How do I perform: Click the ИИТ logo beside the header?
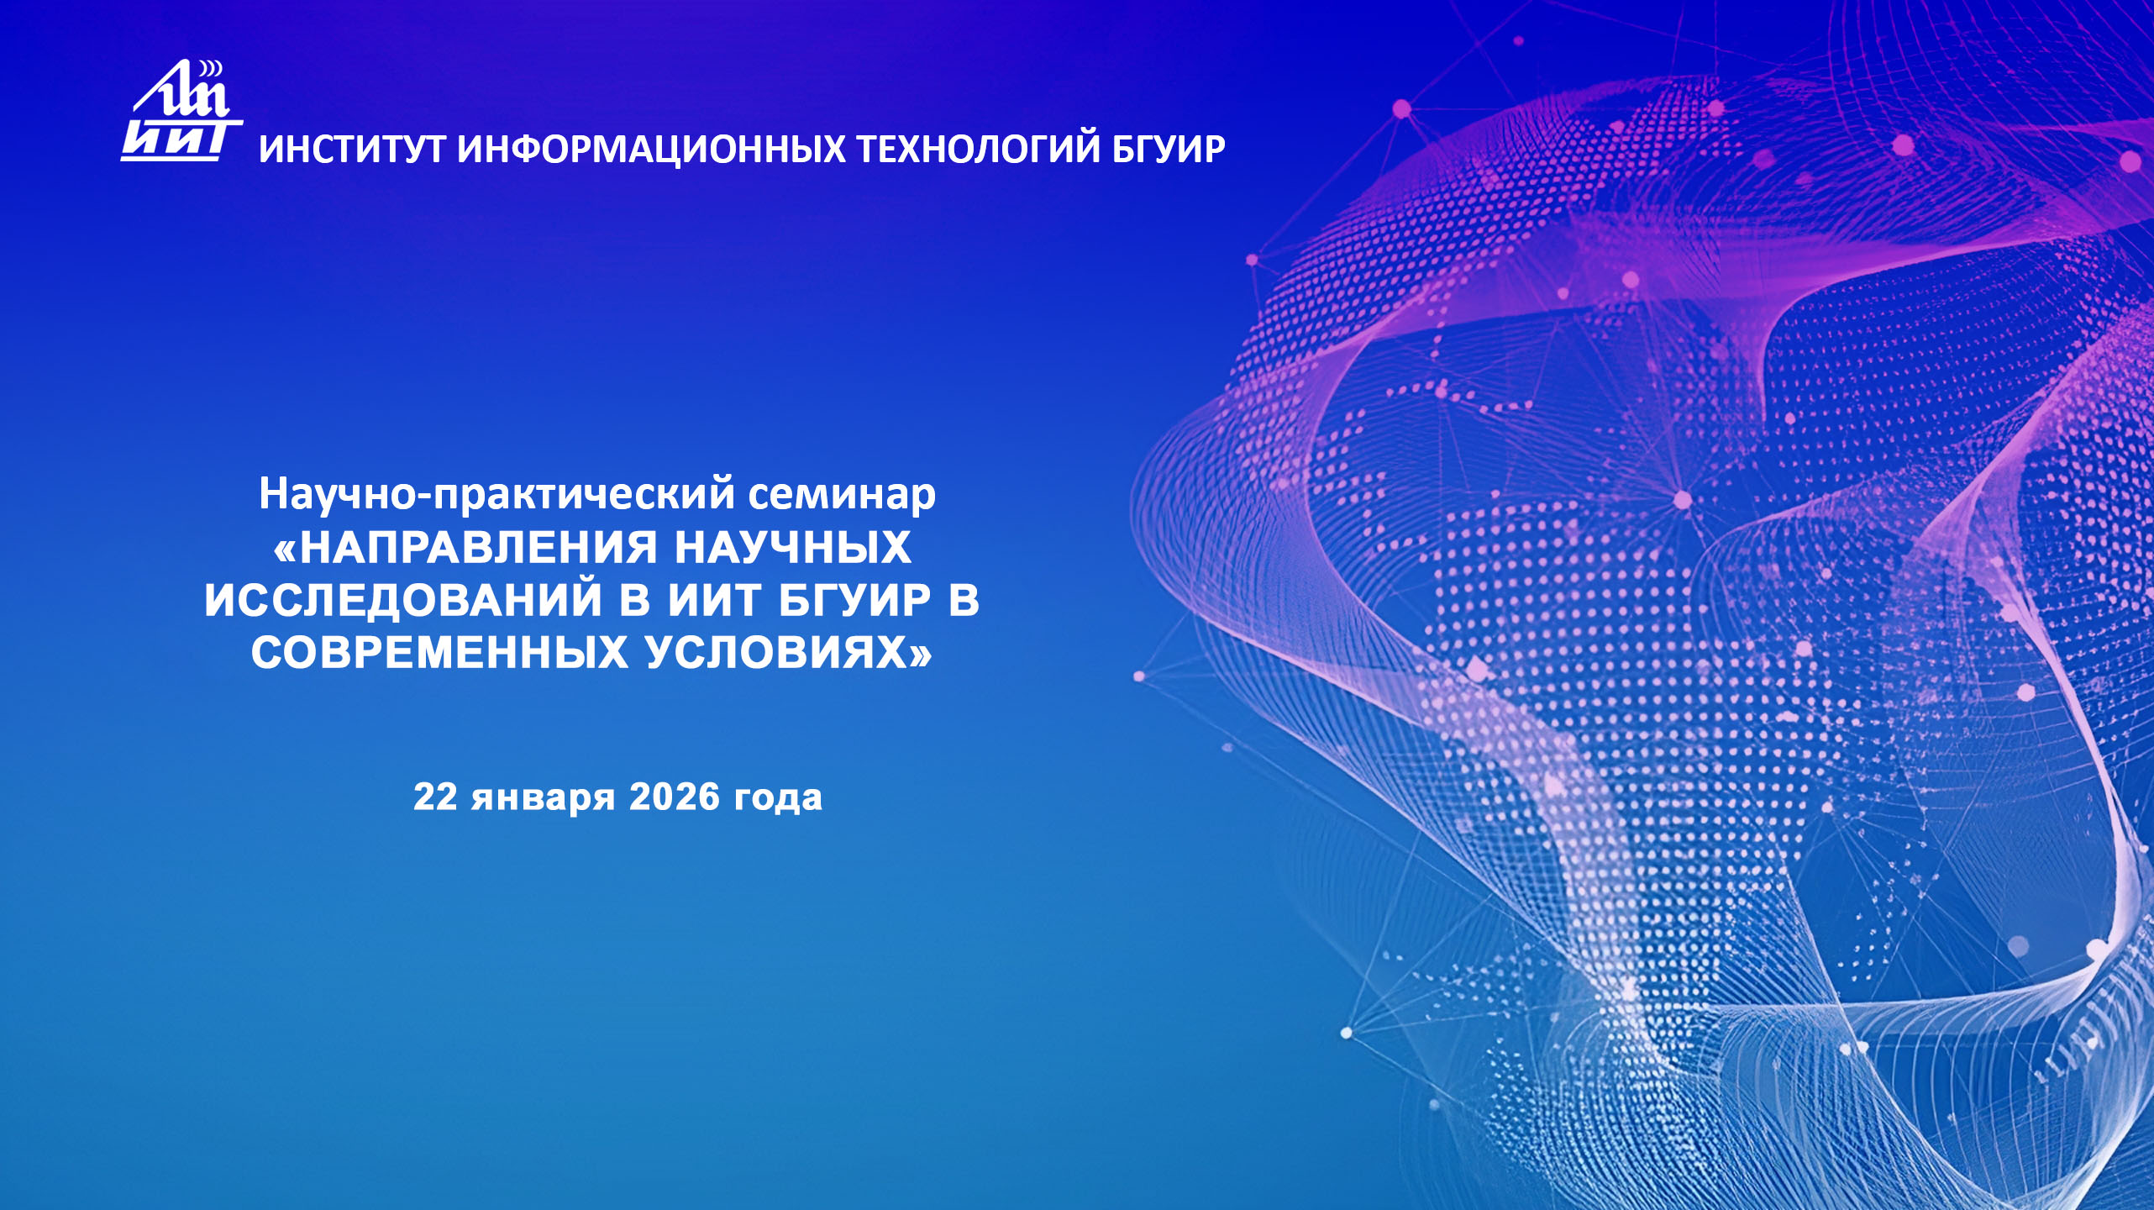point(181,111)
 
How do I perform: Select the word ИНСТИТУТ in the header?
point(352,150)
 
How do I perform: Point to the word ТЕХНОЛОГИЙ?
point(978,150)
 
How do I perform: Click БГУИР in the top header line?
point(1169,150)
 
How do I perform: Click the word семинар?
point(842,494)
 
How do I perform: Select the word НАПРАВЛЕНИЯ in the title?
point(478,548)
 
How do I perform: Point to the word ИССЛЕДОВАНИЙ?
point(403,600)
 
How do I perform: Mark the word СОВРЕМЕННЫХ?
point(439,653)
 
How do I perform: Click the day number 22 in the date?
point(435,797)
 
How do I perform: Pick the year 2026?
point(675,797)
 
